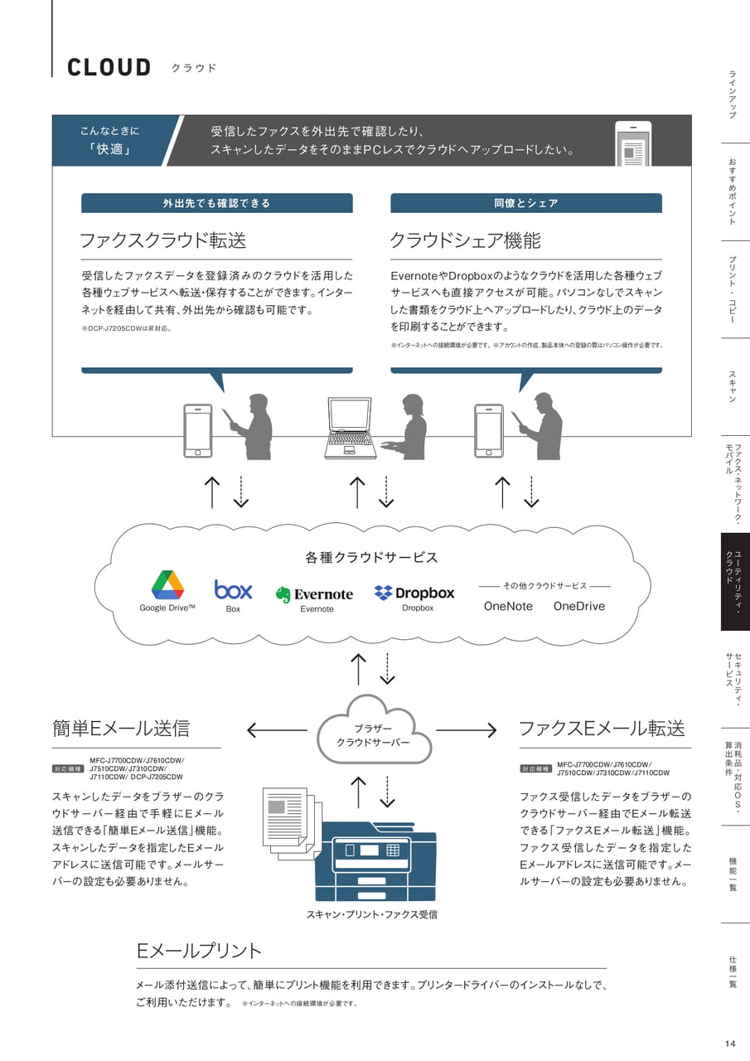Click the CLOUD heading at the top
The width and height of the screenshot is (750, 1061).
click(109, 67)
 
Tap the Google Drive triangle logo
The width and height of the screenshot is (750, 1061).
click(167, 585)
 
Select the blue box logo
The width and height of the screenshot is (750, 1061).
click(233, 589)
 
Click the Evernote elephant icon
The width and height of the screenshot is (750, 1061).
click(283, 594)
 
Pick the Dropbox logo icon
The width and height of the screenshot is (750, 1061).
click(383, 592)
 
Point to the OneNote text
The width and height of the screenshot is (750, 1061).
click(508, 606)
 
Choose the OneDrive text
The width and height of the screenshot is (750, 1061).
click(579, 606)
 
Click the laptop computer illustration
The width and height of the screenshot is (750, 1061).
click(351, 429)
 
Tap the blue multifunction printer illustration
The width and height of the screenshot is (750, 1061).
click(375, 861)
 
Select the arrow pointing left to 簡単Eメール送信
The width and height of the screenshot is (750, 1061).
click(277, 730)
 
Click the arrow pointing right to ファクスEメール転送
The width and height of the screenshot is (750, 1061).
click(466, 730)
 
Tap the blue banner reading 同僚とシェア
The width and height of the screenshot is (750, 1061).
click(526, 203)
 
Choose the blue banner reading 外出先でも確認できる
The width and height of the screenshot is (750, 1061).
click(217, 203)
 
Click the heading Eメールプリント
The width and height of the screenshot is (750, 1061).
click(199, 951)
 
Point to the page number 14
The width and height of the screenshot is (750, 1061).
click(730, 1044)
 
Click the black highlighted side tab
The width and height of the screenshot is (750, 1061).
click(735, 582)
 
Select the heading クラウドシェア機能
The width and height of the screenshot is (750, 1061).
click(465, 240)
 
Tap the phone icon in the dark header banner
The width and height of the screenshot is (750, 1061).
click(633, 144)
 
